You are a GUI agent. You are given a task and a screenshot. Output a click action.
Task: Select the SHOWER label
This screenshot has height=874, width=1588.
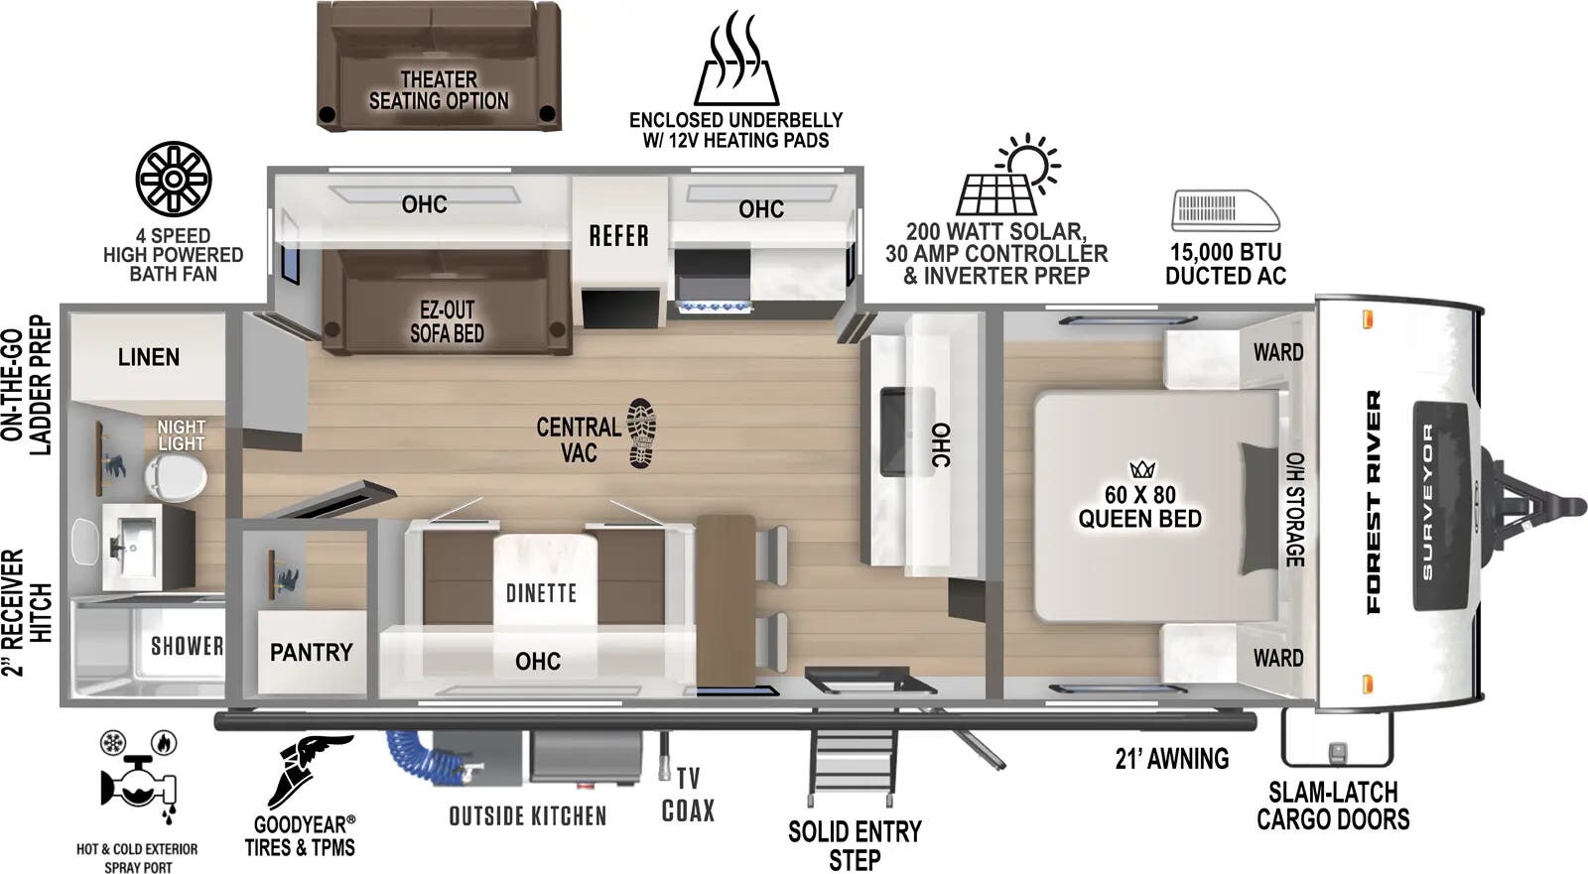click(187, 646)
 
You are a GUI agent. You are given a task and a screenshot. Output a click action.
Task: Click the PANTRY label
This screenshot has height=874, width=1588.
click(311, 652)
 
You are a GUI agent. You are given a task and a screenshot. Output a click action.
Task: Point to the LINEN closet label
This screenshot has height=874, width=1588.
click(148, 357)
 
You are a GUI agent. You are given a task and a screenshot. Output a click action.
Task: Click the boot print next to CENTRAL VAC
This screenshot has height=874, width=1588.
click(641, 434)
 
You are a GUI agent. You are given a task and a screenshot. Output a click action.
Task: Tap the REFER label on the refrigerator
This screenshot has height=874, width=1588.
click(618, 236)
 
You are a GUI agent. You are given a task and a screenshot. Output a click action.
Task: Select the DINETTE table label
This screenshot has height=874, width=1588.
click(541, 593)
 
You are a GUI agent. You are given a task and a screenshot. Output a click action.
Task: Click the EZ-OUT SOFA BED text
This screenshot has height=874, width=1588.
click(447, 321)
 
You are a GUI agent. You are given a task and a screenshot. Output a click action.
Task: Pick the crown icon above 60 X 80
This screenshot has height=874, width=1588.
click(1141, 469)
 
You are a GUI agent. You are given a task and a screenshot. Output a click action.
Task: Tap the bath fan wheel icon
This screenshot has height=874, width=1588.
click(174, 179)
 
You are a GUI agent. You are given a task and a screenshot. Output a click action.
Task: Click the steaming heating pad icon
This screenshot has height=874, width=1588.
click(735, 60)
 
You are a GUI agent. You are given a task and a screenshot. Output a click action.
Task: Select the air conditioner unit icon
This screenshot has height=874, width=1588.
click(1225, 210)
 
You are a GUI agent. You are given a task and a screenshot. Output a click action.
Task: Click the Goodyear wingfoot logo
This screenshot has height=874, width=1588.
click(308, 769)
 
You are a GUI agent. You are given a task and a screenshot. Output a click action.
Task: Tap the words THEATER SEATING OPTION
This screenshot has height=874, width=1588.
click(439, 90)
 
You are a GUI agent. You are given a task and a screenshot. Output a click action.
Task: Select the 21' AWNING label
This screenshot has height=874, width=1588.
click(1171, 759)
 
